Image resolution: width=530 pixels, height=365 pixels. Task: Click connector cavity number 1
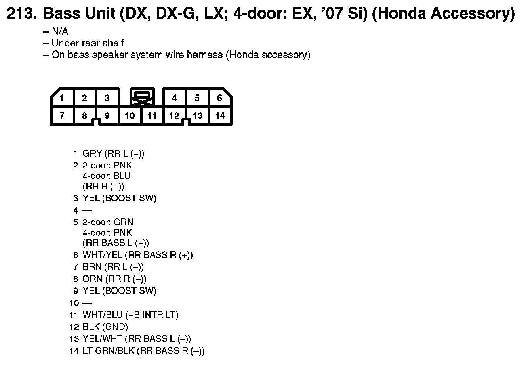(62, 98)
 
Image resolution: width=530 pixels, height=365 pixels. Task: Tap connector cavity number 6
(219, 98)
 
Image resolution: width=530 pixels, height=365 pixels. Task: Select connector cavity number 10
(130, 116)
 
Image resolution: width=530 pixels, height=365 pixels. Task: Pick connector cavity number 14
(219, 116)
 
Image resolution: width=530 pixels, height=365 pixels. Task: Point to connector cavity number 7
(62, 116)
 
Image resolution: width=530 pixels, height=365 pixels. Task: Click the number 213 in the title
(21, 14)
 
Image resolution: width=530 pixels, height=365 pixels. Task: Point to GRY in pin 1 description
(92, 154)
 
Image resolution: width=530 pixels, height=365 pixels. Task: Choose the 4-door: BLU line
(107, 176)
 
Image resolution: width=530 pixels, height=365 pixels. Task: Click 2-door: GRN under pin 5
(108, 222)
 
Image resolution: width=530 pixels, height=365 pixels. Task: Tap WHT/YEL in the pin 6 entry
(102, 255)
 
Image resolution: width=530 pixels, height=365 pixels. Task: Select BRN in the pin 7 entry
(92, 267)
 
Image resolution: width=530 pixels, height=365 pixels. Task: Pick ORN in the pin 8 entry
(92, 279)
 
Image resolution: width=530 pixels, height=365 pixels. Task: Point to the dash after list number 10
(87, 303)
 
